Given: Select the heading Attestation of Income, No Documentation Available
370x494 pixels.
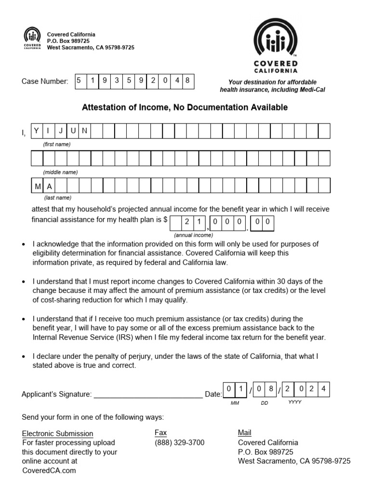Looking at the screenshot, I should tap(185, 108).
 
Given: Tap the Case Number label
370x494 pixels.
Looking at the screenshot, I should tap(45, 82).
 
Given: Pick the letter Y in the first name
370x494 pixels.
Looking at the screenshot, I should tap(37, 131).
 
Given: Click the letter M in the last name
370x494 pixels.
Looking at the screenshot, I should tap(37, 186).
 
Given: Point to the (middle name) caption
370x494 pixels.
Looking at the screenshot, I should tap(60, 172).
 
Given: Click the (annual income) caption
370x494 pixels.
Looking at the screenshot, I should tap(193, 235).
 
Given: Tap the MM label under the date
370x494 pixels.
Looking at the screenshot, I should tap(235, 402).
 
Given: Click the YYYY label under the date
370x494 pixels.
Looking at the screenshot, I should tap(294, 401).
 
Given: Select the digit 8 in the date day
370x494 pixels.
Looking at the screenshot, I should tap(271, 388).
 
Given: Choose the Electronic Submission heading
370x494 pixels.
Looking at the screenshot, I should tap(58, 434).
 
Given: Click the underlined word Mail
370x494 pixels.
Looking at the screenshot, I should tap(245, 433).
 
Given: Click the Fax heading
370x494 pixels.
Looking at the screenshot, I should tap(160, 433).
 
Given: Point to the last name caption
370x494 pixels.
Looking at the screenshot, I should tap(57, 198).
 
